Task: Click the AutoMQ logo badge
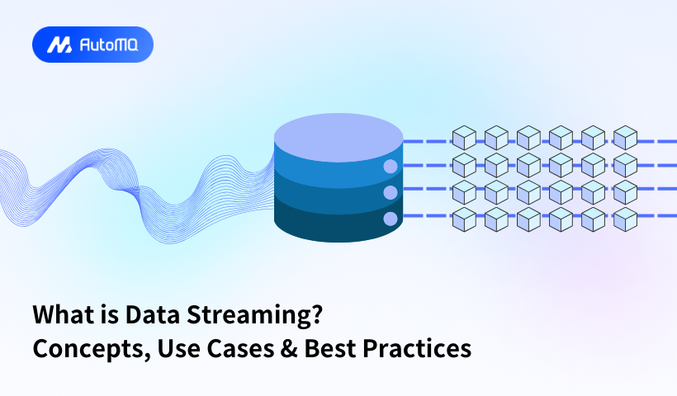92,45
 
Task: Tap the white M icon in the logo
59,45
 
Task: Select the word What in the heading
59,314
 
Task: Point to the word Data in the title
153,314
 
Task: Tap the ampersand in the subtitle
289,348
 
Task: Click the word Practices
417,348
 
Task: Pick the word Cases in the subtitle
240,348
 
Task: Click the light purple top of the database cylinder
338,138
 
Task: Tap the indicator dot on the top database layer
391,167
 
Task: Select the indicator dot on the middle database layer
391,192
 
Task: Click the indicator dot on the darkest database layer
391,219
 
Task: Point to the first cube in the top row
464,138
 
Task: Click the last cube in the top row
625,138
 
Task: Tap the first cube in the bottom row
464,219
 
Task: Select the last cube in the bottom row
625,219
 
